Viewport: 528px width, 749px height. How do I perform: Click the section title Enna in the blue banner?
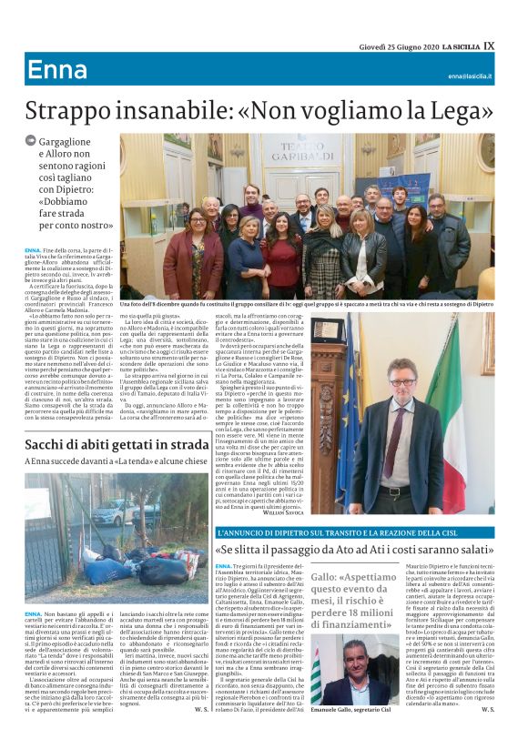click(x=56, y=69)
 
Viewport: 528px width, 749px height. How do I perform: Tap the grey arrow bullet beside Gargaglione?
click(x=31, y=140)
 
